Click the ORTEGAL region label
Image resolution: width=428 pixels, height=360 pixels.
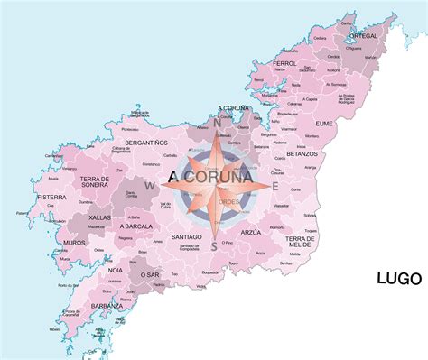(x=363, y=36)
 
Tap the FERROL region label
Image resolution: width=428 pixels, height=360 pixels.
(x=284, y=64)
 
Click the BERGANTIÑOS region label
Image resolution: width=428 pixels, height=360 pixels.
(x=144, y=143)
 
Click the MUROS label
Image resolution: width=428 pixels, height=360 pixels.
(x=76, y=243)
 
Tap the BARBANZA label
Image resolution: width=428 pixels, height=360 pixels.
(x=107, y=306)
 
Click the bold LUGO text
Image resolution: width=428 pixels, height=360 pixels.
(x=398, y=279)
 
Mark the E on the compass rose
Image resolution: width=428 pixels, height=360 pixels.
(x=274, y=187)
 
